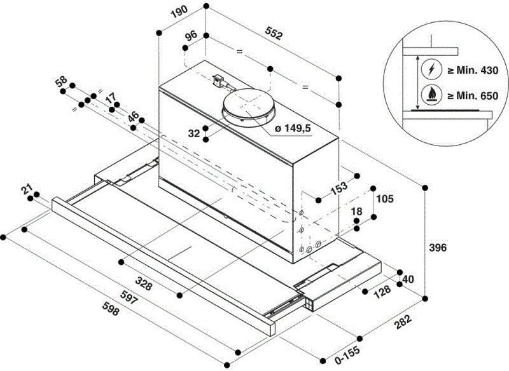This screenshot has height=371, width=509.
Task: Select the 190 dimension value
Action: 181,12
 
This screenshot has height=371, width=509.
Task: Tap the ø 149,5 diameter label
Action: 293,128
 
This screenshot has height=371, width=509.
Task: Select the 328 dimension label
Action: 144,285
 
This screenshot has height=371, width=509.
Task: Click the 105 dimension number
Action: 384,198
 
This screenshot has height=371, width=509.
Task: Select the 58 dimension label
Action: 61,81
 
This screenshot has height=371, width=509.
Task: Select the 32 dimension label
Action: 195,133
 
